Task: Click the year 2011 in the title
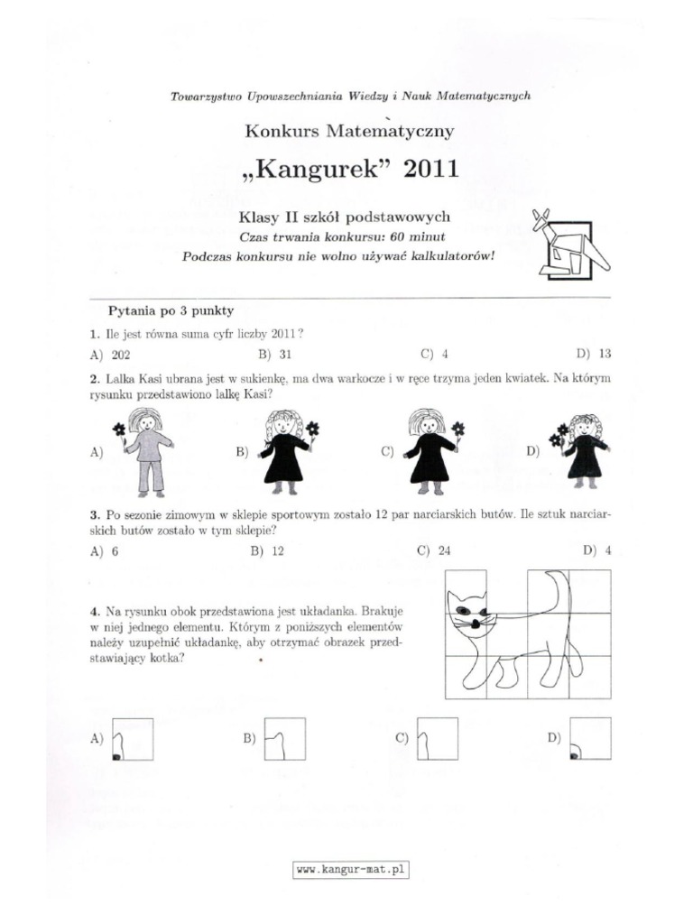click(x=430, y=169)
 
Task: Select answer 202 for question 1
click(x=121, y=355)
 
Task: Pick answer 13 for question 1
click(x=604, y=355)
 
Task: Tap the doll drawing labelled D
click(x=584, y=448)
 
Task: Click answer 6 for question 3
click(x=115, y=550)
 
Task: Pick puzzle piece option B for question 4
click(x=283, y=739)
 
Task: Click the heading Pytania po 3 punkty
click(x=171, y=311)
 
